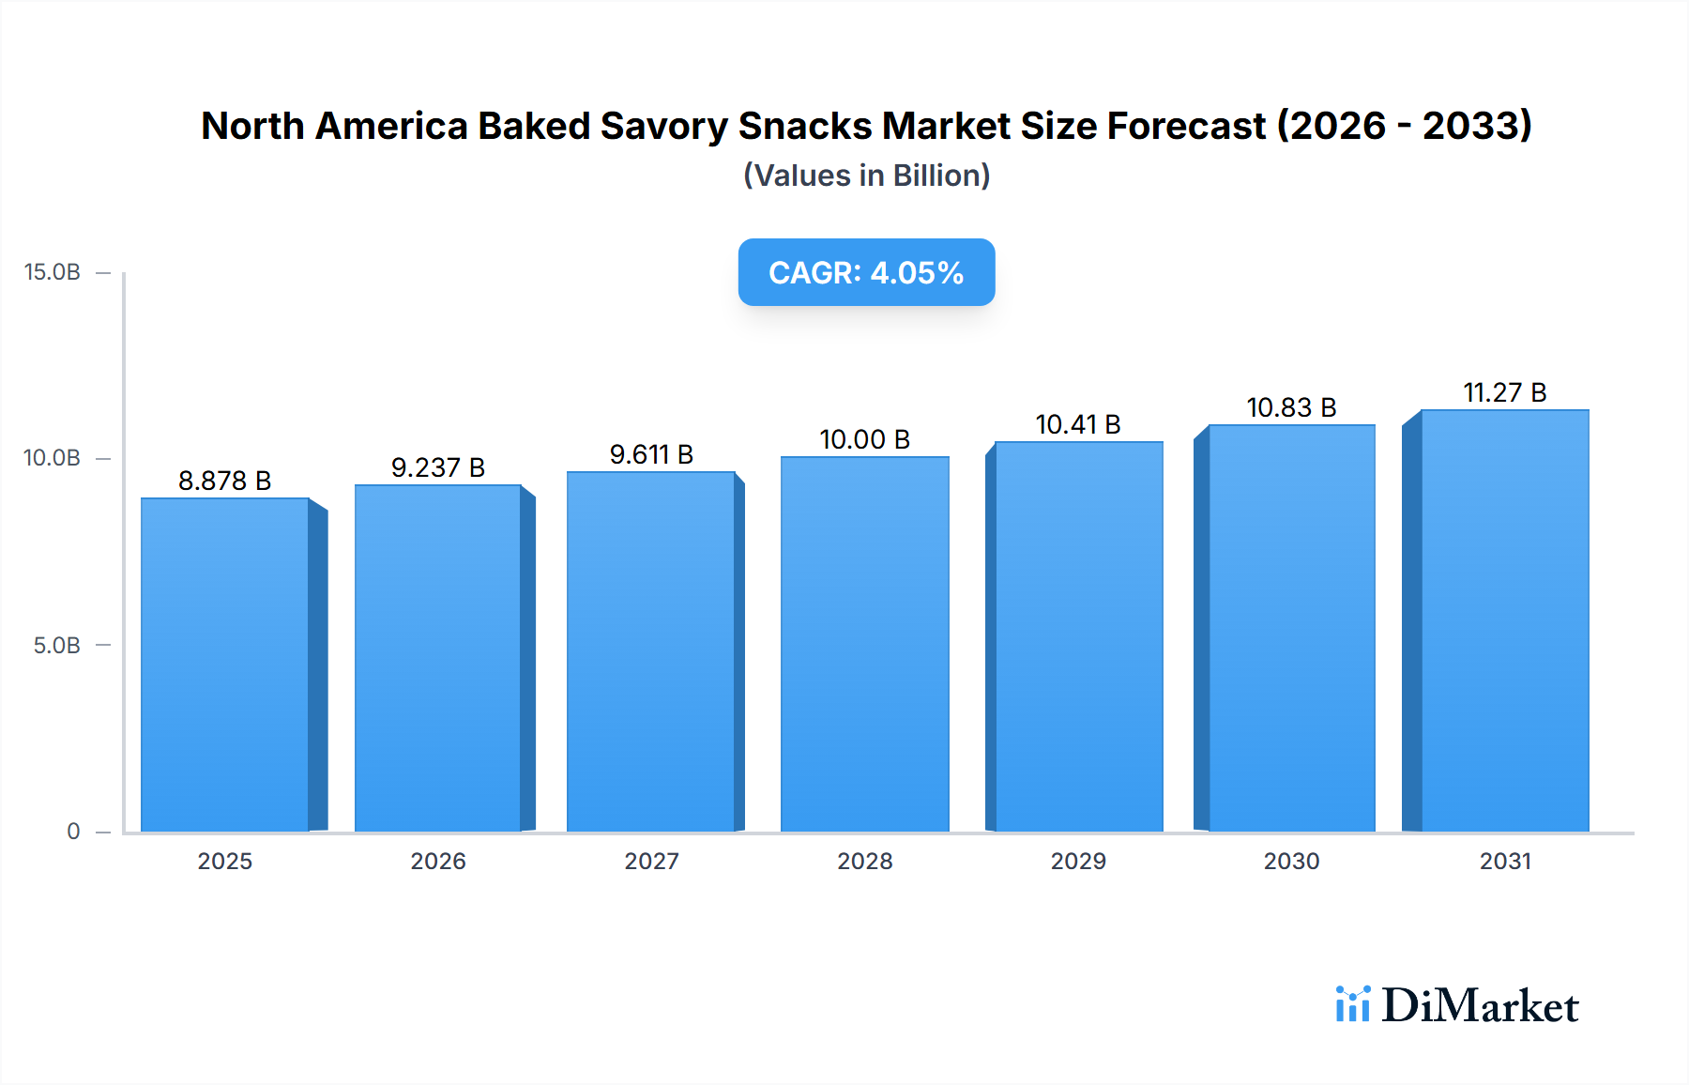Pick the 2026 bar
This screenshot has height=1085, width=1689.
[x=437, y=658]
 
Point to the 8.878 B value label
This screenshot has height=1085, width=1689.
[x=224, y=481]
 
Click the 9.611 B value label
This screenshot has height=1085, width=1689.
[x=651, y=454]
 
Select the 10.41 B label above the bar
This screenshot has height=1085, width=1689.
[x=1078, y=424]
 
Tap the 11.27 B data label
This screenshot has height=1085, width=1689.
[x=1504, y=392]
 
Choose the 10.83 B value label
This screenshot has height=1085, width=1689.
[x=1291, y=407]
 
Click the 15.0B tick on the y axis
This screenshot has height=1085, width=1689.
[x=53, y=272]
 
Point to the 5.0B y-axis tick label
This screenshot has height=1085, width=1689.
[x=57, y=646]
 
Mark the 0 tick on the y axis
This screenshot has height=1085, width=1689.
[x=73, y=832]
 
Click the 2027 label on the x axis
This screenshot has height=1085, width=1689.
[x=651, y=862]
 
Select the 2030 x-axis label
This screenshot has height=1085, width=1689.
[x=1291, y=862]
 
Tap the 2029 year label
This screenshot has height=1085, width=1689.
[x=1078, y=862]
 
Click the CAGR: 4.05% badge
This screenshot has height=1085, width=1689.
[x=866, y=272]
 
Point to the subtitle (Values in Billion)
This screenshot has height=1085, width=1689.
[x=866, y=176]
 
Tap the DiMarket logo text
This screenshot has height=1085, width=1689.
[x=1480, y=1005]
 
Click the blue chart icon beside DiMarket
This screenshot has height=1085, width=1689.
[x=1352, y=1003]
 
